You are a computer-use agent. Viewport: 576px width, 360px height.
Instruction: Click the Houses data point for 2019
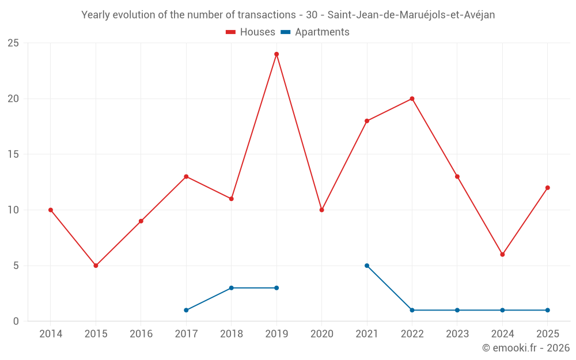[x=276, y=54]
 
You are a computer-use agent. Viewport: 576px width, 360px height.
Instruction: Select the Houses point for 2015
[x=96, y=266]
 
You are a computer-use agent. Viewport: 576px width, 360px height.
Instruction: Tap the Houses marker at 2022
[x=412, y=99]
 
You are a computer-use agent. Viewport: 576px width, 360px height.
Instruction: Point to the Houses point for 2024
[x=502, y=255]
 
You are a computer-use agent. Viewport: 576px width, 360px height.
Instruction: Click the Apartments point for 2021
[x=367, y=266]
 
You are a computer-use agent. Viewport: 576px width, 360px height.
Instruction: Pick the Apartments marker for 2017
[x=186, y=310]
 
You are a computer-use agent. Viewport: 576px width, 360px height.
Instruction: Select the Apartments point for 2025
[x=548, y=310]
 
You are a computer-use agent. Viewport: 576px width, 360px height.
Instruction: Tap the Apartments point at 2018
[x=232, y=288]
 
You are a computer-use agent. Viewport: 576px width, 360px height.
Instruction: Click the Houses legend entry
[x=251, y=32]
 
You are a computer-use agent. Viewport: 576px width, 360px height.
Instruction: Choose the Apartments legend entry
[x=315, y=32]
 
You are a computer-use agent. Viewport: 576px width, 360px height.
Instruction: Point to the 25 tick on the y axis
[x=13, y=43]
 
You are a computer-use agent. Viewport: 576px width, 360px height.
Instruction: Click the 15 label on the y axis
[x=13, y=154]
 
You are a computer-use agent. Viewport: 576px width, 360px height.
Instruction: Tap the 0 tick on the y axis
[x=16, y=321]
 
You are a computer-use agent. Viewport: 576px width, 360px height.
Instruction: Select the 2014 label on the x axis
[x=51, y=334]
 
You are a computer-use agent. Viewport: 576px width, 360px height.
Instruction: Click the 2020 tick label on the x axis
[x=322, y=334]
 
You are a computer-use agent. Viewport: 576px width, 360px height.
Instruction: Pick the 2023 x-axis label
[x=457, y=334]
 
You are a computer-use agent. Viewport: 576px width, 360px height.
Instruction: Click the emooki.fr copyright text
[x=526, y=348]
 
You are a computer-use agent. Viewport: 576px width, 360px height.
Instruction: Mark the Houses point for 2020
[x=322, y=210]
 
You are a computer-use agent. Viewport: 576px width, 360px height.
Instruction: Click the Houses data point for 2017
[x=186, y=177]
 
